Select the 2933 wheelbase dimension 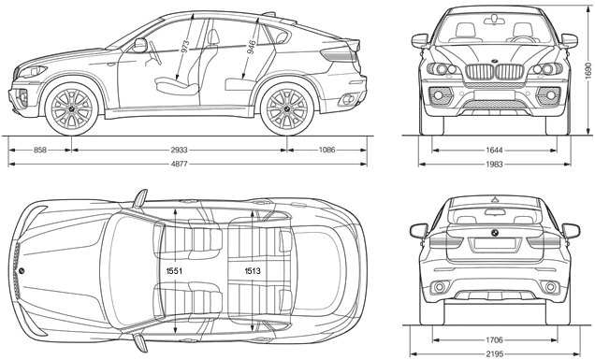[179, 151]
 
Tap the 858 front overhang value [40, 151]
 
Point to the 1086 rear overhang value [327, 151]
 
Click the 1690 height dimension [588, 70]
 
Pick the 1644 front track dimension [494, 151]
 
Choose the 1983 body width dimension [494, 165]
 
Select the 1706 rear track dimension [494, 339]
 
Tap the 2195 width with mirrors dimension [494, 354]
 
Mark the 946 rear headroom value [252, 48]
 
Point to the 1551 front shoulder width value [174, 271]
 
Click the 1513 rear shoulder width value [253, 271]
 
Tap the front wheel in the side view [71, 108]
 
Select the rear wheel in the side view [287, 108]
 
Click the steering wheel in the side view [154, 53]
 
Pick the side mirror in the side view [139, 45]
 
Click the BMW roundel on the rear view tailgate [495, 233]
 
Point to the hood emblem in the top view [22, 271]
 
